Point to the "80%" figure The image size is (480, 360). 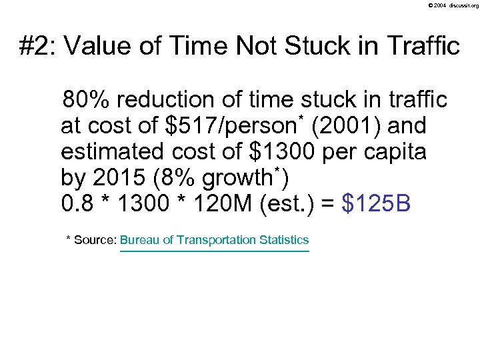(87, 101)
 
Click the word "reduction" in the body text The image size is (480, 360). (162, 101)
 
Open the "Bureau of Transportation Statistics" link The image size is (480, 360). (215, 240)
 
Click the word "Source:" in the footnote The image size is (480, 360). (96, 240)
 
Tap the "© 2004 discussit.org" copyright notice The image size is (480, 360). (453, 5)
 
